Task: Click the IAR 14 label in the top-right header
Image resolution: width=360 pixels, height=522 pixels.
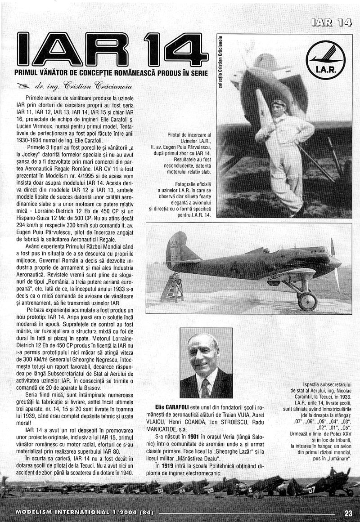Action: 331,22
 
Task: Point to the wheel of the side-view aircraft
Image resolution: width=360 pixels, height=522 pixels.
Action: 307,301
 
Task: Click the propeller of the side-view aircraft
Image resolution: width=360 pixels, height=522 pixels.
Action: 334,263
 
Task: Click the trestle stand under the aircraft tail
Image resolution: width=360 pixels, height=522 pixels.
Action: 172,288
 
